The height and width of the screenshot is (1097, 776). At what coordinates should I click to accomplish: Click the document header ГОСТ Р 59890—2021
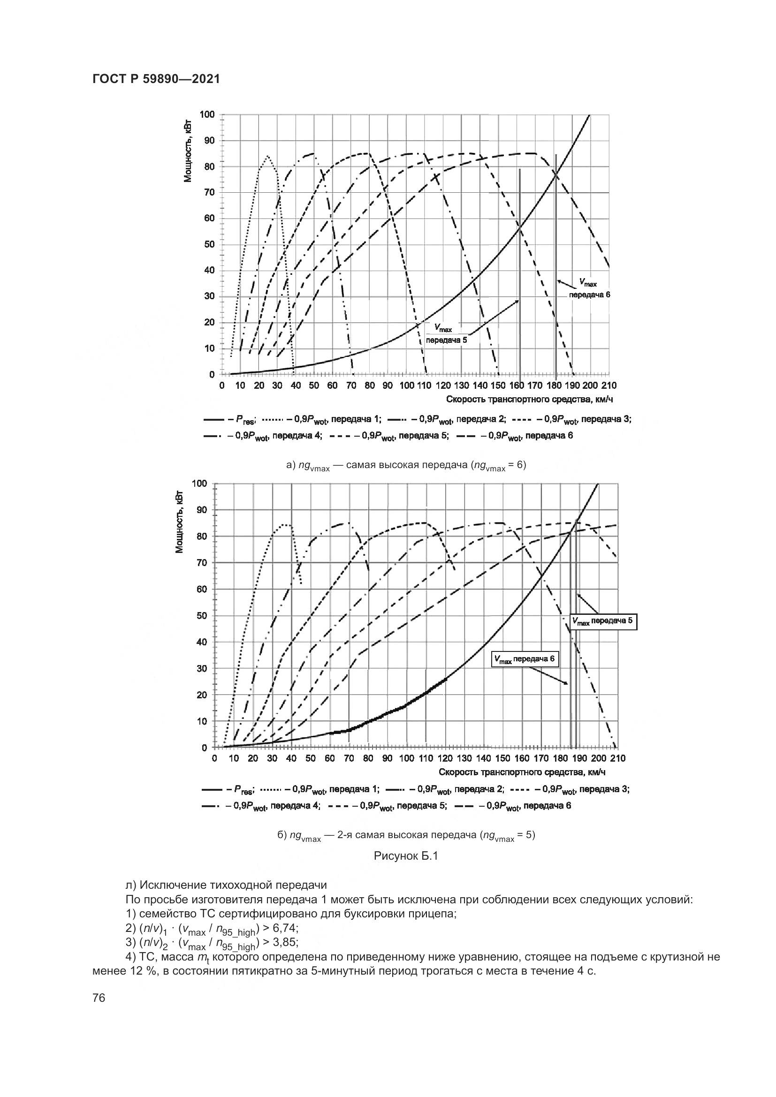point(156,79)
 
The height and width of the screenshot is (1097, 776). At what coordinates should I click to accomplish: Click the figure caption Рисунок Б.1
point(406,856)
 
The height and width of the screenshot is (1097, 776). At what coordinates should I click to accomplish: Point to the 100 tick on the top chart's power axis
point(207,114)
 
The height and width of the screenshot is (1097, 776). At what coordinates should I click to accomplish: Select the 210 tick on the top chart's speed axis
point(609,386)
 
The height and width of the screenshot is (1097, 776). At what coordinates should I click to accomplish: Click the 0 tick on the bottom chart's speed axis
point(214,758)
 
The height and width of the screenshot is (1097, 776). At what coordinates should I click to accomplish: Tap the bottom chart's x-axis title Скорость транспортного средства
point(522,772)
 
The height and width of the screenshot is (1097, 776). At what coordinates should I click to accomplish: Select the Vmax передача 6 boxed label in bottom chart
point(525,659)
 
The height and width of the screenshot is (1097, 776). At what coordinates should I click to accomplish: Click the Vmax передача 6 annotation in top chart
point(589,289)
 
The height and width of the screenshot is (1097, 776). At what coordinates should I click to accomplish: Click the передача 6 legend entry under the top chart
point(514,436)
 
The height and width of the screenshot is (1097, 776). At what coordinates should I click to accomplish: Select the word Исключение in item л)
point(172,885)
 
